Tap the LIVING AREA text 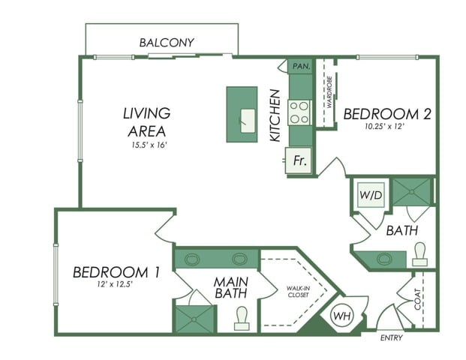pyautogui.click(x=147, y=121)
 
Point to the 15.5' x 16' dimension pyautogui.click(x=146, y=145)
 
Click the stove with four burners pyautogui.click(x=299, y=112)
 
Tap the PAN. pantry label pyautogui.click(x=301, y=66)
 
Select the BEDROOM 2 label pyautogui.click(x=387, y=114)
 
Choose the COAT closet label pyautogui.click(x=419, y=299)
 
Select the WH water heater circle pyautogui.click(x=342, y=314)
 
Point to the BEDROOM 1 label pyautogui.click(x=116, y=272)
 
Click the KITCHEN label pyautogui.click(x=275, y=116)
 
